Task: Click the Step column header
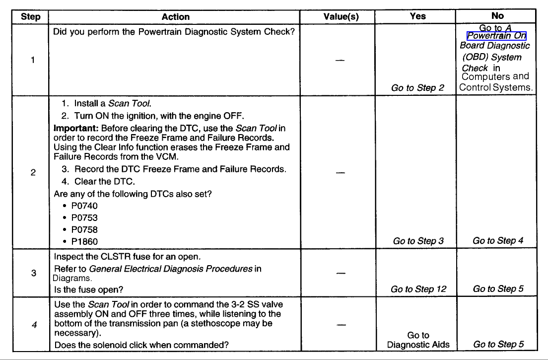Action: tap(31, 17)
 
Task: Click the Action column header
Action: tap(175, 17)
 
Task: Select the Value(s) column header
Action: tap(341, 17)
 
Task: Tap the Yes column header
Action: tap(417, 16)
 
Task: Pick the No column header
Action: tap(497, 16)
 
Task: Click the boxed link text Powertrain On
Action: tap(496, 36)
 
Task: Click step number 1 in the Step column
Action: tap(33, 61)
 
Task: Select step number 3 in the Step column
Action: tap(33, 273)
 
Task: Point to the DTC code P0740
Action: tap(84, 206)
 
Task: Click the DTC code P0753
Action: tap(84, 217)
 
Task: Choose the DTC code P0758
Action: tap(84, 229)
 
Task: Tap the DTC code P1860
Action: tap(84, 241)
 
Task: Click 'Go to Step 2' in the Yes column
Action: tap(417, 88)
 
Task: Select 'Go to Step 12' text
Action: tap(418, 289)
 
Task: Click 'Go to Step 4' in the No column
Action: tap(498, 241)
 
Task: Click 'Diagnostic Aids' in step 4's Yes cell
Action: tap(418, 345)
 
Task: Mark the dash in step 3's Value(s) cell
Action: tap(341, 273)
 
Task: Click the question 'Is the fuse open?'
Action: tap(89, 289)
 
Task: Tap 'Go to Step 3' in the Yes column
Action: tap(418, 241)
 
